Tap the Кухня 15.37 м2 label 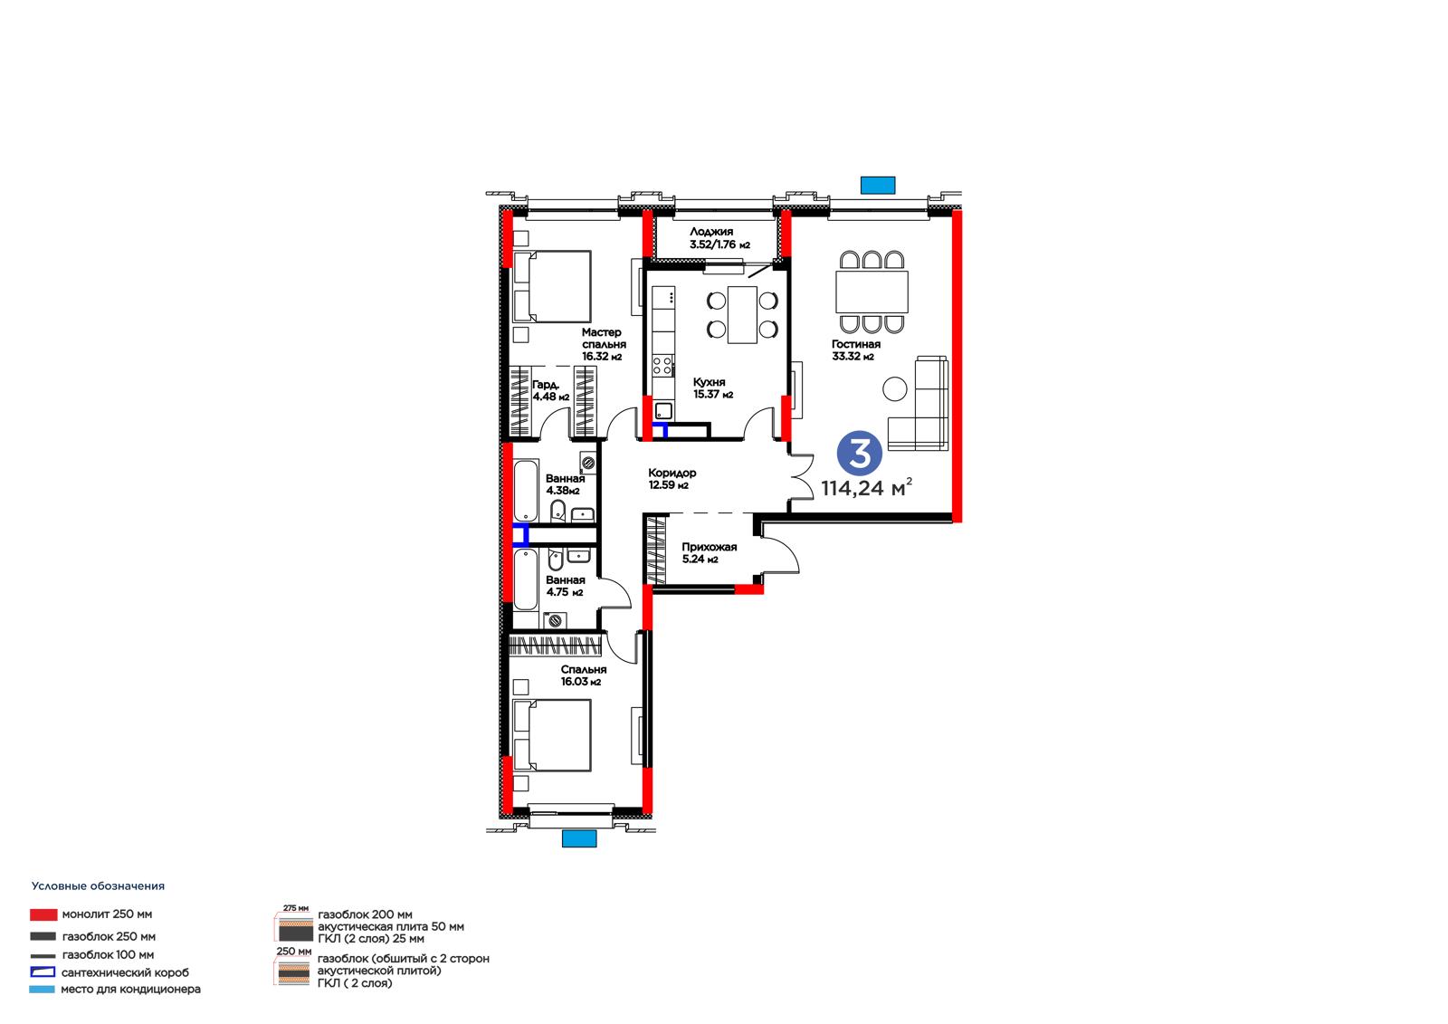coord(713,388)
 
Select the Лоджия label coord(711,232)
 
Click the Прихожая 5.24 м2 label coord(710,553)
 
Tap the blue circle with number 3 coord(859,455)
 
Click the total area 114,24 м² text coord(867,487)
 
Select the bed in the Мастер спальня coord(552,287)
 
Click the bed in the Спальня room coord(552,735)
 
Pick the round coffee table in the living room coord(895,388)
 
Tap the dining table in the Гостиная coord(872,292)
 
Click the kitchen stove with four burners coord(662,366)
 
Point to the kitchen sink coord(663,410)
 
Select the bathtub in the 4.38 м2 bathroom coord(526,491)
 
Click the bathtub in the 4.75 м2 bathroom coord(526,579)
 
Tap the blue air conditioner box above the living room coord(878,185)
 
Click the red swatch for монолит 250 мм coord(43,914)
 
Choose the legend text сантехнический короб coord(126,972)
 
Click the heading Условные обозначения coord(99,886)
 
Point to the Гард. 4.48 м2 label coord(551,391)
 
